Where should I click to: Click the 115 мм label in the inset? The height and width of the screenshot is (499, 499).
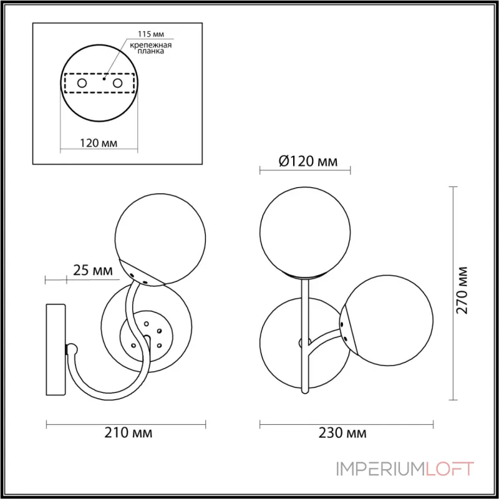[151, 34]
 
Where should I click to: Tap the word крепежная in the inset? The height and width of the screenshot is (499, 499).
[151, 45]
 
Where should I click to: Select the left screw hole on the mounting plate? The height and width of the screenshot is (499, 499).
[82, 84]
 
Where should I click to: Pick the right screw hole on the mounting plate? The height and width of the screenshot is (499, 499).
[117, 84]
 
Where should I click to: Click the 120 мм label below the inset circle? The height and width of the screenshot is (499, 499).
[99, 143]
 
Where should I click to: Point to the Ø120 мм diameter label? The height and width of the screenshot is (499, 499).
[308, 162]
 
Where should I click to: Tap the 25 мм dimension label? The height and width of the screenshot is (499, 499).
[93, 270]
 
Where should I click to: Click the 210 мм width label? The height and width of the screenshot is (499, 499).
[128, 433]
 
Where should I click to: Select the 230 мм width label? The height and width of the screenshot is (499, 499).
[342, 433]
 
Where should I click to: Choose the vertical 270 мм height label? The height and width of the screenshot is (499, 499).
[462, 290]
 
